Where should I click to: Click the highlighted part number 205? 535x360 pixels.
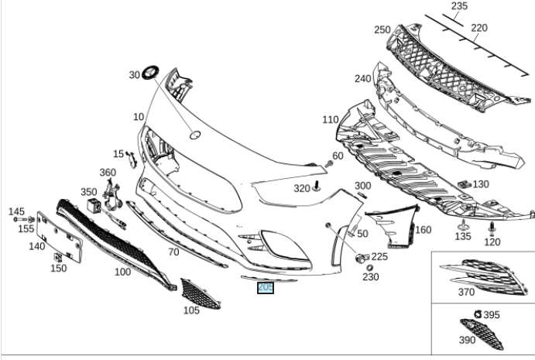[266, 288]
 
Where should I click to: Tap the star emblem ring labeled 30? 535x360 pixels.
[150, 72]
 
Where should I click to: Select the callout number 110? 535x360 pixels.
[331, 120]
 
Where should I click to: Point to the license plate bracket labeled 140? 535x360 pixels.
[60, 237]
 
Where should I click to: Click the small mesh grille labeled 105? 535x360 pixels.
[200, 294]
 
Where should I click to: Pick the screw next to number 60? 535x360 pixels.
[328, 164]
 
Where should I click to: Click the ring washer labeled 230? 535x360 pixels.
[369, 268]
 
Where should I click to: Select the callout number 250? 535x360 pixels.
[382, 29]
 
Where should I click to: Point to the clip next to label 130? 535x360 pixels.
[465, 184]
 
